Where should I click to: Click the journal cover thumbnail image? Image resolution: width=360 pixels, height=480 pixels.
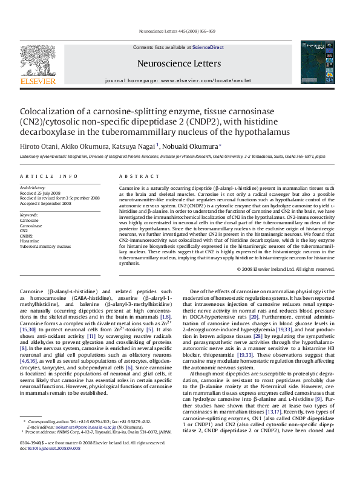[x=318, y=62]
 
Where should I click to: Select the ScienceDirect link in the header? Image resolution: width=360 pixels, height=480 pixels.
[x=208, y=47]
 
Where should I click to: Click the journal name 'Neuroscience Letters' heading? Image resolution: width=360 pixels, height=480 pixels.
[x=179, y=63]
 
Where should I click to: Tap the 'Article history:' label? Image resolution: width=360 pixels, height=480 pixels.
[x=33, y=188]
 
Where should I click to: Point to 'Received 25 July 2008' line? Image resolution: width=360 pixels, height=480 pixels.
[x=42, y=193]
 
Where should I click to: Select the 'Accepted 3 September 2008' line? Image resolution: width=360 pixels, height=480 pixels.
[x=45, y=203]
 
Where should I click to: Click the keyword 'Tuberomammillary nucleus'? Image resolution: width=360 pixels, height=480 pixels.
[x=45, y=245]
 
